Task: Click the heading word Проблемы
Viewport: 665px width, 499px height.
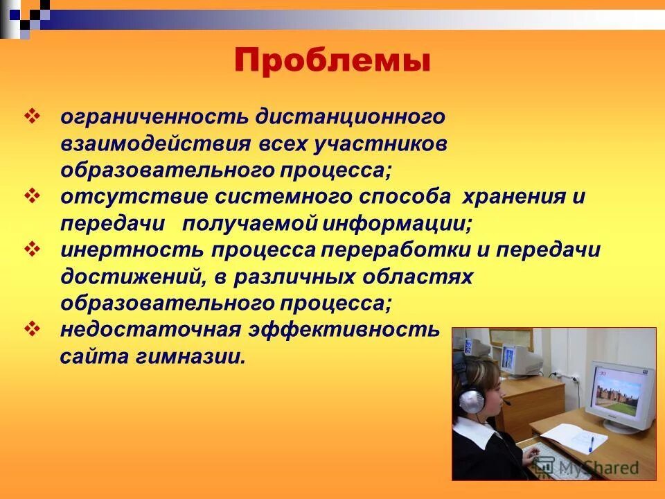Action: coord(332,62)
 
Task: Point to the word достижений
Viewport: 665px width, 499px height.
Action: coord(132,277)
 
